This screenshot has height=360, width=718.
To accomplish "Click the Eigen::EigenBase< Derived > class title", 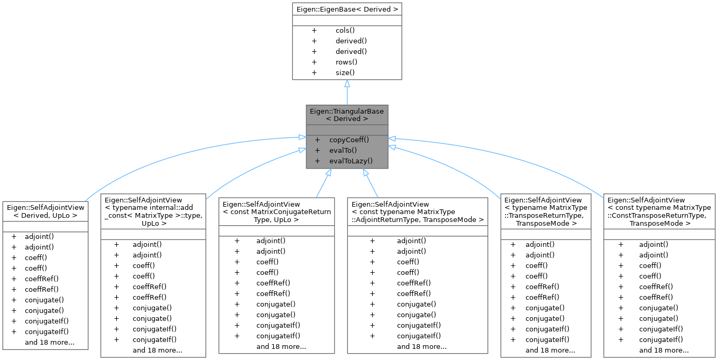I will (x=347, y=9).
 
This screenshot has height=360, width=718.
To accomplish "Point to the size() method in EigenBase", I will (x=345, y=72).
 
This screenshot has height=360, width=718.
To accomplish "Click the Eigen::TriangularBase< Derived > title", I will (x=347, y=115).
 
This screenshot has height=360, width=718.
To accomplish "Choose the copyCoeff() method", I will (x=349, y=140).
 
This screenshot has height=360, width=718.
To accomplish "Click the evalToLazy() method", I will (x=351, y=161).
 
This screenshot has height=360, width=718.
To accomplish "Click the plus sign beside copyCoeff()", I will (x=317, y=140).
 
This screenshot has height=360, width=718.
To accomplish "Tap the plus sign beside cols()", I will (x=314, y=31).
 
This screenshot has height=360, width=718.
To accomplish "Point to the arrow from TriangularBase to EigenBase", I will (x=347, y=93).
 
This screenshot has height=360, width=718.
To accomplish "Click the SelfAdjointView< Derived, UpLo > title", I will (x=45, y=211).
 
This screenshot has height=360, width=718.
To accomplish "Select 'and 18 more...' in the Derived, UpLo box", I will (x=49, y=342).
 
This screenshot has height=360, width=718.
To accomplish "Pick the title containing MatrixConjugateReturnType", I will (x=277, y=212).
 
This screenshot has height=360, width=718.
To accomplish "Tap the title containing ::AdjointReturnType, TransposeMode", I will (x=418, y=212).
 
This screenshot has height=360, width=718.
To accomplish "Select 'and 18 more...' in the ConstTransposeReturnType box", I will (x=664, y=350).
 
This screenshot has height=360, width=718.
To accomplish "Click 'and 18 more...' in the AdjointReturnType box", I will (x=421, y=346).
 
